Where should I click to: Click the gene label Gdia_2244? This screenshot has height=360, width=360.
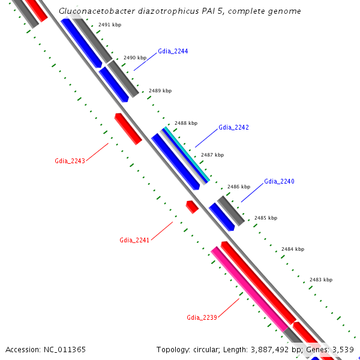point(173,52)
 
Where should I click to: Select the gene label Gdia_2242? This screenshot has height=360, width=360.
point(233,128)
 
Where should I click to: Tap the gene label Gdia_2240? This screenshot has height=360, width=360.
point(279,181)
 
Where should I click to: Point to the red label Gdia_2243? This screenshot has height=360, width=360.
point(70,161)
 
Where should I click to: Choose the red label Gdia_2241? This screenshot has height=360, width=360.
point(134,240)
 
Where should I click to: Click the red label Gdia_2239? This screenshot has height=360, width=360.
point(202,317)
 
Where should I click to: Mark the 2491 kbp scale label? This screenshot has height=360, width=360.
point(110,25)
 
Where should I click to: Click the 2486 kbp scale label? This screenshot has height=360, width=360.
point(238,187)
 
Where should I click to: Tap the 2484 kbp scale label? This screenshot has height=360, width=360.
point(293,249)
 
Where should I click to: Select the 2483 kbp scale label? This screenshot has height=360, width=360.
point(320,280)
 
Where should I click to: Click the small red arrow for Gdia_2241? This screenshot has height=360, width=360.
point(192,206)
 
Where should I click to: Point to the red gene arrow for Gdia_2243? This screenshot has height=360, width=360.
point(128,128)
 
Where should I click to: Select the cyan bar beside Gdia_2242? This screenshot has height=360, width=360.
point(187,155)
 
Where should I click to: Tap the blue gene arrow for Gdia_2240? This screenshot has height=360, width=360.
point(221,216)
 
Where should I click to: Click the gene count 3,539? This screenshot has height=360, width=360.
point(342,349)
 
